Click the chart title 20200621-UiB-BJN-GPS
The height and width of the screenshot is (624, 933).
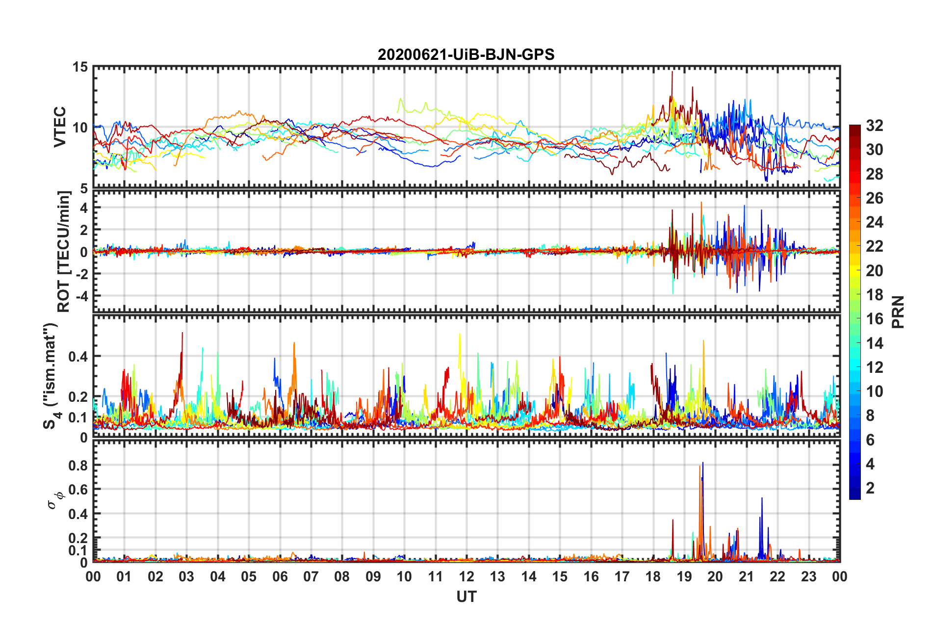(x=466, y=54)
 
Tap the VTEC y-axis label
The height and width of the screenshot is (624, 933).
(x=60, y=127)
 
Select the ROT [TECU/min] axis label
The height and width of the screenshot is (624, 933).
(x=64, y=252)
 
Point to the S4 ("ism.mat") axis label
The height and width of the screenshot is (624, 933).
(x=51, y=376)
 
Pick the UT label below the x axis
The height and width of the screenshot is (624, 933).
(x=466, y=597)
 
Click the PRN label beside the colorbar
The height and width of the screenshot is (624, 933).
(x=898, y=312)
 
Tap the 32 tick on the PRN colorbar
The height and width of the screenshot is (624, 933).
(x=874, y=126)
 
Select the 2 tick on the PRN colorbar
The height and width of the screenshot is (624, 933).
(x=870, y=488)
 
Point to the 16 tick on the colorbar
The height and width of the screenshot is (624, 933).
(x=874, y=319)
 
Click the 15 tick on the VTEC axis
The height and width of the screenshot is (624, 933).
(x=80, y=67)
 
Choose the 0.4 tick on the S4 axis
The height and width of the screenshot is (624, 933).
(x=78, y=357)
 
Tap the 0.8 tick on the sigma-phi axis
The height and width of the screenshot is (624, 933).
(x=78, y=466)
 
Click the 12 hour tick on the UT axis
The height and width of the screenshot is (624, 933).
(x=466, y=577)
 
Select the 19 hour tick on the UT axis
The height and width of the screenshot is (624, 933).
(x=684, y=577)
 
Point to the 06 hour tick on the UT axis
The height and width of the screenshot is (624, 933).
(x=280, y=577)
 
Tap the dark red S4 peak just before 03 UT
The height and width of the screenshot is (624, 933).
(x=182, y=334)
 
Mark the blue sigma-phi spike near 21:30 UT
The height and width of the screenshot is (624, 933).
(x=762, y=499)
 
